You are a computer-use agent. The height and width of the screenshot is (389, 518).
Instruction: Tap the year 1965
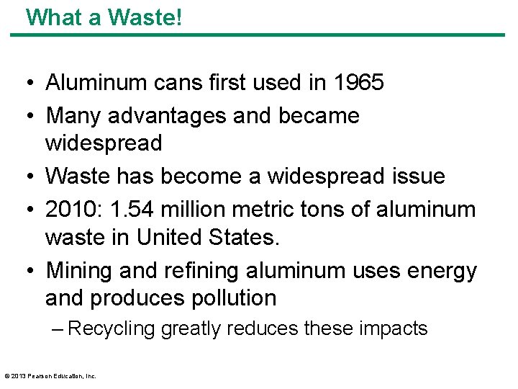[358, 83]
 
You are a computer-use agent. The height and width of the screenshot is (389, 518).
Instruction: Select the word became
[324, 115]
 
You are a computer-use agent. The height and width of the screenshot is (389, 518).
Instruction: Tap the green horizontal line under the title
[259, 34]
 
